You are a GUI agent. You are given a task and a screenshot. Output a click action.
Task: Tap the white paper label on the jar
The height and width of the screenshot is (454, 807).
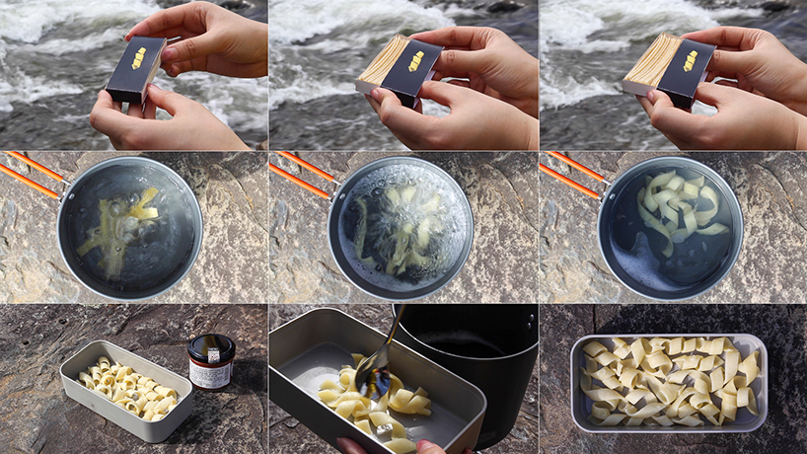(210, 374)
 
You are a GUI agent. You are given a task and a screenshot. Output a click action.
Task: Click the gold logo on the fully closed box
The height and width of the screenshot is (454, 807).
(138, 57)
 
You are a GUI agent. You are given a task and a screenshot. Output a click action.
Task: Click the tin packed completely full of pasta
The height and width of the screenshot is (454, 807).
(668, 379)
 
